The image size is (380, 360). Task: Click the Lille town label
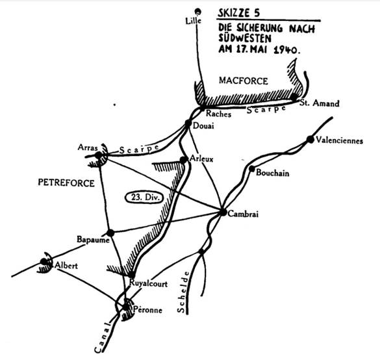(x=193, y=21)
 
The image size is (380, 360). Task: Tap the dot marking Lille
(x=198, y=11)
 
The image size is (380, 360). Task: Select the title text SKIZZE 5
(x=238, y=13)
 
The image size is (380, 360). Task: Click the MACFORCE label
(x=244, y=81)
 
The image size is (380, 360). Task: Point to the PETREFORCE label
(x=66, y=183)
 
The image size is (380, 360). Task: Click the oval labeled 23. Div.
(x=144, y=198)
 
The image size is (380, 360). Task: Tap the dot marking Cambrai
(x=223, y=212)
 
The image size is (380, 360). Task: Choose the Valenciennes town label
(x=339, y=140)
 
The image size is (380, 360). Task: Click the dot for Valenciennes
(x=310, y=140)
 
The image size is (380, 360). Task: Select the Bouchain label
(x=272, y=173)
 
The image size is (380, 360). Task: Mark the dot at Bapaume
(x=110, y=233)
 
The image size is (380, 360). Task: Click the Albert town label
(x=66, y=266)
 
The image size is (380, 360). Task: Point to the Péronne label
(x=147, y=310)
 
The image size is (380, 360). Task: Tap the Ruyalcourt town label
(x=148, y=283)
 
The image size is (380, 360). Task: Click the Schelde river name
(x=183, y=292)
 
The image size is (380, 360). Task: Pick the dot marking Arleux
(x=183, y=160)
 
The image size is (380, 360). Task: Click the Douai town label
(x=203, y=126)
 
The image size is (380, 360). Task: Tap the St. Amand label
(x=319, y=103)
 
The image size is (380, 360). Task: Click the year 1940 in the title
(x=286, y=50)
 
